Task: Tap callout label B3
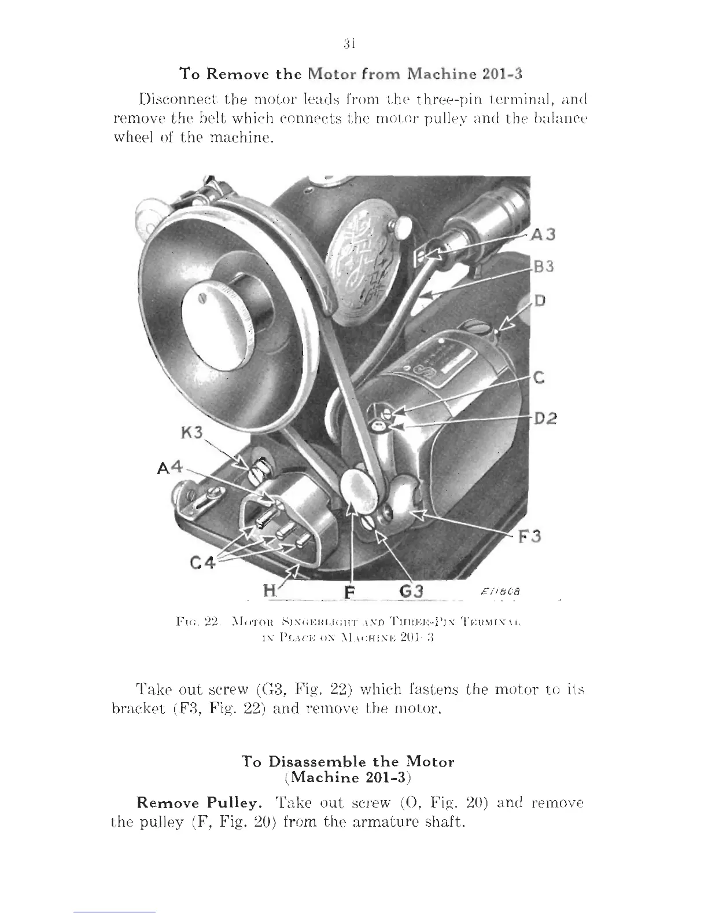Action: tap(543, 267)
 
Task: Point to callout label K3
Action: tap(191, 433)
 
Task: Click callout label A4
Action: tap(169, 467)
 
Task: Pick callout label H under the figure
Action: tap(270, 591)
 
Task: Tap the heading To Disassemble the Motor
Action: tap(348, 762)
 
